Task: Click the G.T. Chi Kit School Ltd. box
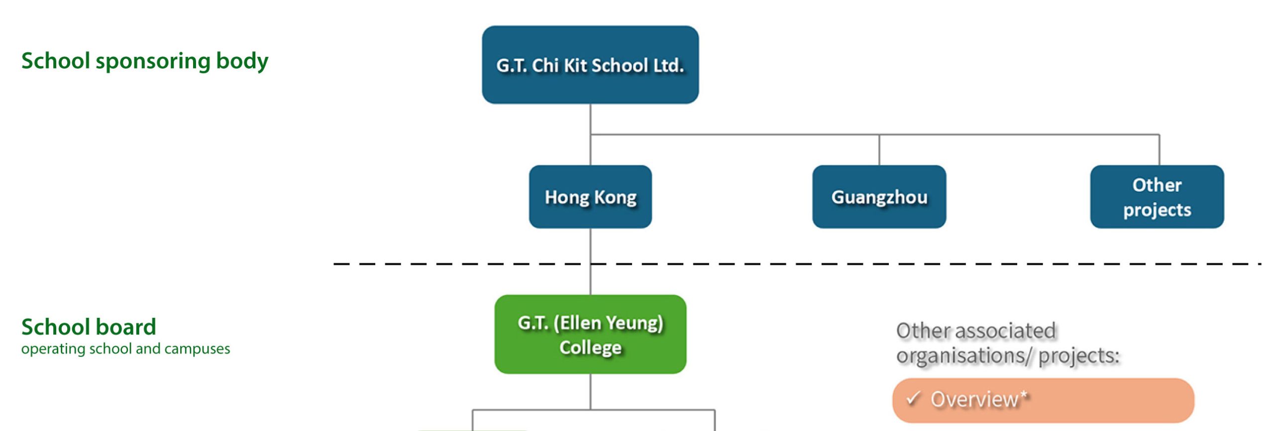590,65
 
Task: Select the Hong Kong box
590,197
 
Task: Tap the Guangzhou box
879,197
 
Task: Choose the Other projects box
1157,197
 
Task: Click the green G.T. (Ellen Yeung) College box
590,334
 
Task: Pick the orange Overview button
1043,400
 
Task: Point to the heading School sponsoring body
144,61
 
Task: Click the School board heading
89,327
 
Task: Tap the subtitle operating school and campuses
125,349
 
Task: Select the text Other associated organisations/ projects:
1007,343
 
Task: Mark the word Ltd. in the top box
668,65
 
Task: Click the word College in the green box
590,347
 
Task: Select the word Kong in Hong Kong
615,197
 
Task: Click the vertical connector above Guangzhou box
879,149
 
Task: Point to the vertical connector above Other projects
1159,149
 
